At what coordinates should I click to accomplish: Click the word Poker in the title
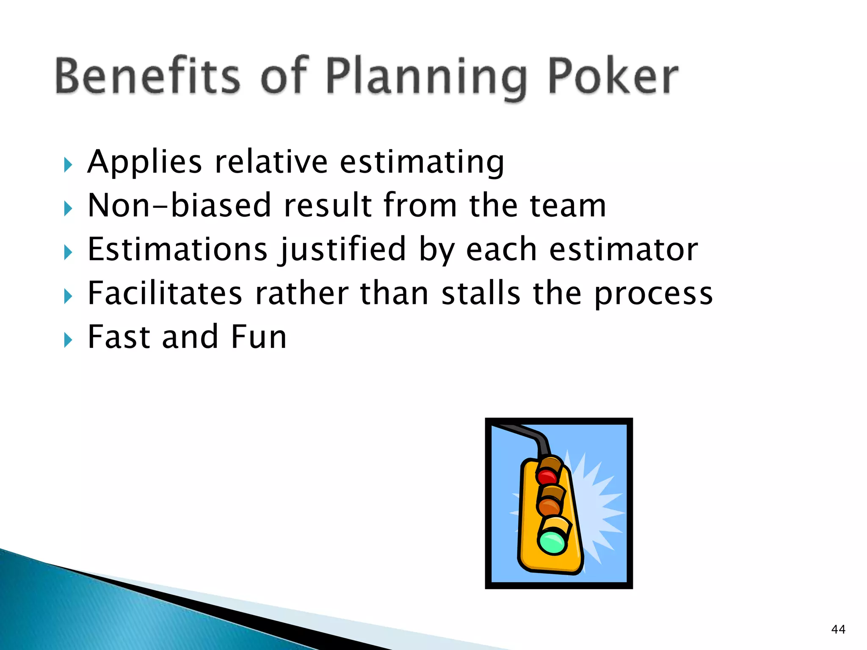[x=613, y=76]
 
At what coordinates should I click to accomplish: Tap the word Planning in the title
[x=427, y=78]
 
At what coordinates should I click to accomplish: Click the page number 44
[x=838, y=629]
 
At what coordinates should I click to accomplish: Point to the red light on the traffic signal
[x=547, y=476]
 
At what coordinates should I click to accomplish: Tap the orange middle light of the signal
[x=549, y=506]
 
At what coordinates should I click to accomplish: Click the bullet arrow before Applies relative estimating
[x=68, y=164]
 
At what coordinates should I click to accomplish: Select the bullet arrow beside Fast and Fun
[x=68, y=339]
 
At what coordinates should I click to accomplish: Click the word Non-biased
[x=179, y=205]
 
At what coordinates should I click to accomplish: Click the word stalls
[x=480, y=293]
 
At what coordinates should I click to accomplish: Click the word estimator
[x=623, y=249]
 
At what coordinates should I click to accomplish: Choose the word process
[x=654, y=295]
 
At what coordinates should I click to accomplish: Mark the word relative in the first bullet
[x=271, y=162]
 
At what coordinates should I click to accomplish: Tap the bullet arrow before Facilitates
[x=68, y=296]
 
